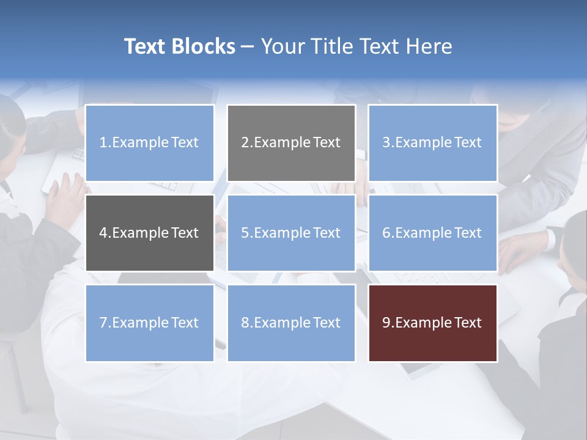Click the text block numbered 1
point(149,143)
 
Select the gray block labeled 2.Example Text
point(291,143)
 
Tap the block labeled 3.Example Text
point(432,143)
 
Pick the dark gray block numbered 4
point(149,233)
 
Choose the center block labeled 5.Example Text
point(291,233)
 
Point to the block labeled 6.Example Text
point(432,233)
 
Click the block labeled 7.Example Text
point(149,323)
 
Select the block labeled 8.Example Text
point(291,323)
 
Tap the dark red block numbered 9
point(432,323)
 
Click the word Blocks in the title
point(204,46)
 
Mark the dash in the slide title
point(248,46)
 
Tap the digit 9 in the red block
point(386,323)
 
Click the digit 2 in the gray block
point(245,143)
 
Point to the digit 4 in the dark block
point(103,233)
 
